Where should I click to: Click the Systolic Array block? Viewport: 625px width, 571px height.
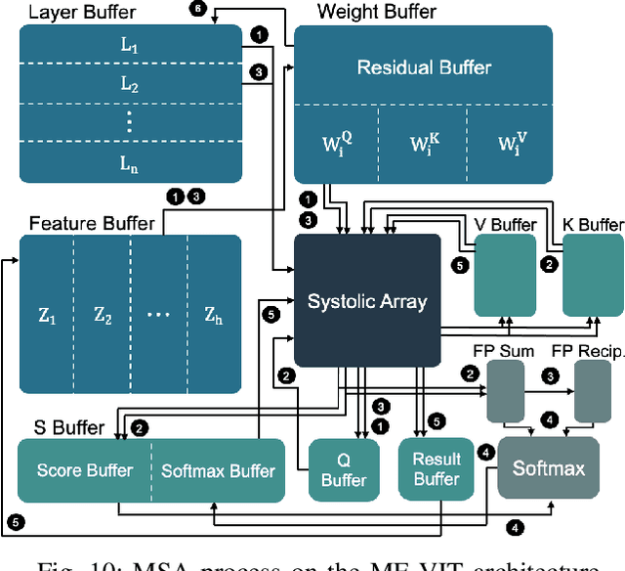tap(366, 301)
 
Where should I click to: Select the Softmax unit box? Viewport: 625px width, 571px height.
tap(549, 468)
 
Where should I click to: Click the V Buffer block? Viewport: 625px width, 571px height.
tap(505, 274)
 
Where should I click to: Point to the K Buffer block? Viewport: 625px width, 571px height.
tap(592, 274)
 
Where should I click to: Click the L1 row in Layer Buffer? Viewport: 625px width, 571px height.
tap(130, 46)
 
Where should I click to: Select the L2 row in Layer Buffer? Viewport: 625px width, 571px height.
tap(130, 86)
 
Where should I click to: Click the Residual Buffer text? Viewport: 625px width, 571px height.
tap(423, 67)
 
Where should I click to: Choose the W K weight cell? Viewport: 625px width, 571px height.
tap(423, 144)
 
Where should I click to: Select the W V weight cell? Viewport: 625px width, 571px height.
tap(509, 144)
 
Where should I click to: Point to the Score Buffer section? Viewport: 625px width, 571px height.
tap(86, 470)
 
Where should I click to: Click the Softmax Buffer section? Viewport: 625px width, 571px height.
tap(218, 470)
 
